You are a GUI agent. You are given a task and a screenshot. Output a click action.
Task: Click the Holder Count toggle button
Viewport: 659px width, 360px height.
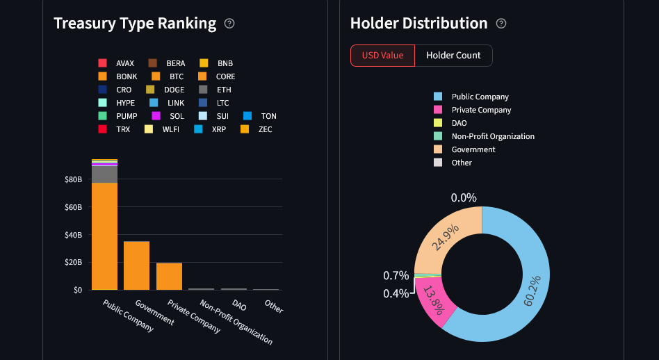pos(453,56)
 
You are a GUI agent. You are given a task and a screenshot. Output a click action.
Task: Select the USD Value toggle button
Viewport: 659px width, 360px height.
pos(382,56)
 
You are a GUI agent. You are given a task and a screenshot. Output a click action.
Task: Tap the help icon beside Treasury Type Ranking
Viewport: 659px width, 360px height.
pos(230,24)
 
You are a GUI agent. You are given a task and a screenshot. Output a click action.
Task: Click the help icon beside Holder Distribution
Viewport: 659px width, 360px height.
pos(501,24)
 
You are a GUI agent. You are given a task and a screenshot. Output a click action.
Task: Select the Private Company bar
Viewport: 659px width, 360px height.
pos(169,276)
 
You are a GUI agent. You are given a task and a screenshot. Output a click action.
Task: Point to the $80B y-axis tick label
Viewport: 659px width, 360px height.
pos(73,179)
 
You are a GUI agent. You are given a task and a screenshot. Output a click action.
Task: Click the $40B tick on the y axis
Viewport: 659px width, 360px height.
pos(73,235)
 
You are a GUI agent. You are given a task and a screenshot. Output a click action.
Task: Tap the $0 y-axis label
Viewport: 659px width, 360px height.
pos(78,290)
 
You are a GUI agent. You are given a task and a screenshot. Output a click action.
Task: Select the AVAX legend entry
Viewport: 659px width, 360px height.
pos(124,63)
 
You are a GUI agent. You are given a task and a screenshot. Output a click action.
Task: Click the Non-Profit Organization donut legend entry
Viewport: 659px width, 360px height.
pos(492,136)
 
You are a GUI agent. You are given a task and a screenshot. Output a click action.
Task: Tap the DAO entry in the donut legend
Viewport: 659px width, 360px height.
pos(459,123)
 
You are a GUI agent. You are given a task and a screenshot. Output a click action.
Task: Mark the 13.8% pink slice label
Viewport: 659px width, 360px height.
pos(433,300)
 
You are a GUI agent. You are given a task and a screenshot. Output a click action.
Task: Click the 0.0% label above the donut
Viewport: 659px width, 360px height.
pos(464,198)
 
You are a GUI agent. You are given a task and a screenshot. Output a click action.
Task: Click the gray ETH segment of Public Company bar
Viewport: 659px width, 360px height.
pos(104,174)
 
